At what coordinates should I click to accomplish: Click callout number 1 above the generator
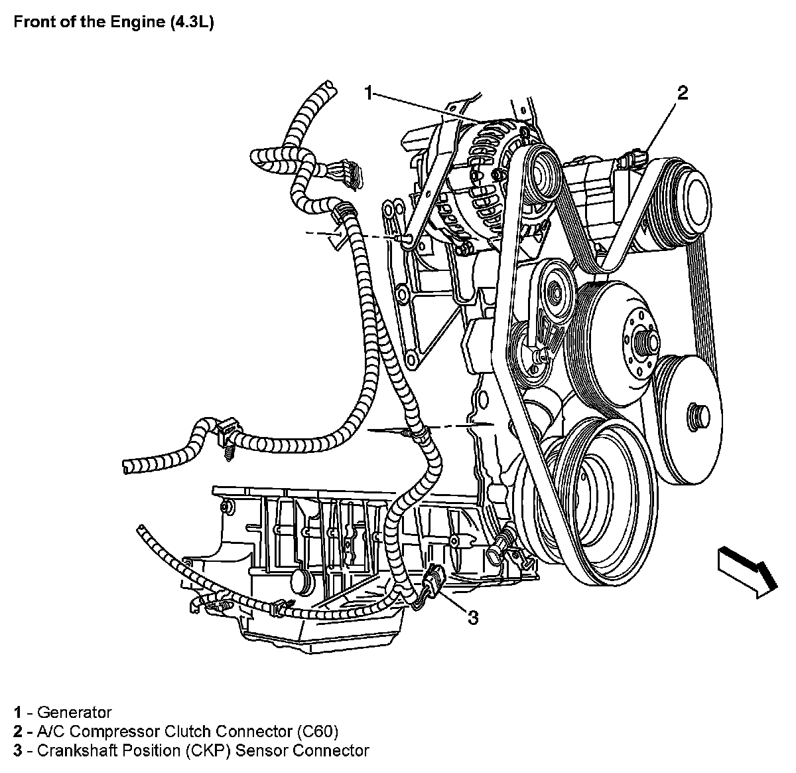coord(369,93)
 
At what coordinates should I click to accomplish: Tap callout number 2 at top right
coord(681,93)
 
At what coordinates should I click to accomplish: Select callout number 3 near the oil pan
coord(472,618)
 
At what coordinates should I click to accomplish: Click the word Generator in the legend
coord(74,713)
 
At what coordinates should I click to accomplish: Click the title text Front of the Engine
coord(84,22)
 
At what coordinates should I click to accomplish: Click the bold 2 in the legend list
coord(18,732)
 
